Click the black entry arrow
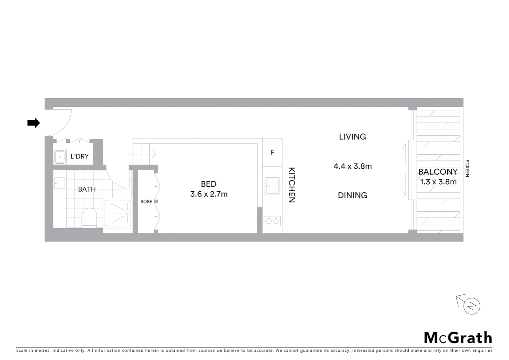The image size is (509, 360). pos(33,123)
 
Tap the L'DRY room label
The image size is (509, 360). pos(80,156)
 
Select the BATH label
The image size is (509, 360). pos(87,189)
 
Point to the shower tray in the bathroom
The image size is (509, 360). pos(118,213)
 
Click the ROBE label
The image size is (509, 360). pos(146,202)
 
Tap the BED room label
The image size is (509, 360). pos(209,184)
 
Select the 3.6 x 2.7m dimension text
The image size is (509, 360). pos(209,194)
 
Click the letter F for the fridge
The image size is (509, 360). pos(272,152)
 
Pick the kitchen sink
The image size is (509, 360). pos(272,186)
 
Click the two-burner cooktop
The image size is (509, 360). pos(272,221)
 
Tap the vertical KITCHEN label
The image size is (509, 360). pos(291,185)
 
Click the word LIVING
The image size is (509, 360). pos(352,137)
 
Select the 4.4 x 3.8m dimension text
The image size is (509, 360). pos(352,166)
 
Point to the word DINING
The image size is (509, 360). pos(352,195)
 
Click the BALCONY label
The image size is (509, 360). pos(438,172)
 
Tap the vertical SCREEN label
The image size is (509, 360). pos(467,168)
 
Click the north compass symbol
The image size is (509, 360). pos(471,306)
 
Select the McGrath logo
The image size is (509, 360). pos(458,338)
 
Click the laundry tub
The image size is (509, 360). pos(60,157)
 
